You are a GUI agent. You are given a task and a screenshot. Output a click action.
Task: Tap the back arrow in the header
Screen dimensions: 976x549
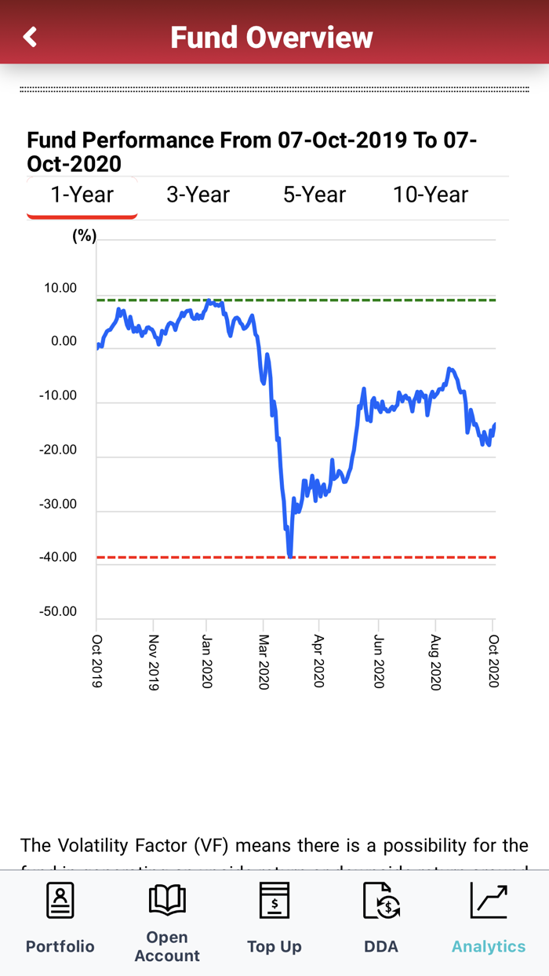point(30,37)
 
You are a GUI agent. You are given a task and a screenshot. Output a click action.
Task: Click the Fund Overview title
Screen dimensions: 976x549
point(271,37)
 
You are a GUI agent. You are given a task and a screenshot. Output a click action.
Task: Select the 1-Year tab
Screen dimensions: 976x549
point(82,195)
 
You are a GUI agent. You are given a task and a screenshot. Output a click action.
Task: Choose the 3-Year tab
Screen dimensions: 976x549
point(198,195)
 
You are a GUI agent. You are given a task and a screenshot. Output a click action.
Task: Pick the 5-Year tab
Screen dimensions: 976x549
point(314,195)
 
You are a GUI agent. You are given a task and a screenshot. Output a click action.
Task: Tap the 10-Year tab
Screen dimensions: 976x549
point(431,195)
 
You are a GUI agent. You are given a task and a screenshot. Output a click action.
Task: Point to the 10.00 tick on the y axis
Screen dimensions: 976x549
point(60,289)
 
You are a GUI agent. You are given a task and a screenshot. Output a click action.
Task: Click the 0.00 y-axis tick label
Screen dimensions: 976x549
point(64,342)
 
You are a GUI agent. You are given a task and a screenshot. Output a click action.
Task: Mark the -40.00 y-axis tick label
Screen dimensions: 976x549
point(58,558)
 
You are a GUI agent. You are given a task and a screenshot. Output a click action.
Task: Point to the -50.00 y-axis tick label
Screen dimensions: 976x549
point(58,612)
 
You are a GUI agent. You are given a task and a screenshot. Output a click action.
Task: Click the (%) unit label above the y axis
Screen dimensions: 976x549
point(84,236)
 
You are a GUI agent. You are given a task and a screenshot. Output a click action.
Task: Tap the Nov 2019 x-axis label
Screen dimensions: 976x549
point(154,662)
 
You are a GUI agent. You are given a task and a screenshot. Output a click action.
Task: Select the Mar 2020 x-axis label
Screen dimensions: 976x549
point(264,662)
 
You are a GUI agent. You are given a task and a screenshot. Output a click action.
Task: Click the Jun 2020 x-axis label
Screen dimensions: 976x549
point(379,662)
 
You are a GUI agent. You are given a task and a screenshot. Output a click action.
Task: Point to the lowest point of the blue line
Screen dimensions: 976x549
point(290,555)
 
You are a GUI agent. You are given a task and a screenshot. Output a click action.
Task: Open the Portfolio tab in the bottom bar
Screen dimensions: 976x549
point(60,918)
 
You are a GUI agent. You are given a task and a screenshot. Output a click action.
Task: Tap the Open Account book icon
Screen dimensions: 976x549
point(167,899)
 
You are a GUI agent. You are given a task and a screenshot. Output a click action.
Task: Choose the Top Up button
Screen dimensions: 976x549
point(274,918)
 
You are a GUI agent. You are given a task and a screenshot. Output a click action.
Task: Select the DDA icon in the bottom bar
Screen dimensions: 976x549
point(381,901)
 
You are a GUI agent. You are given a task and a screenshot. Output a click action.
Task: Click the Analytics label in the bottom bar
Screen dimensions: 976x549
point(489,946)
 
